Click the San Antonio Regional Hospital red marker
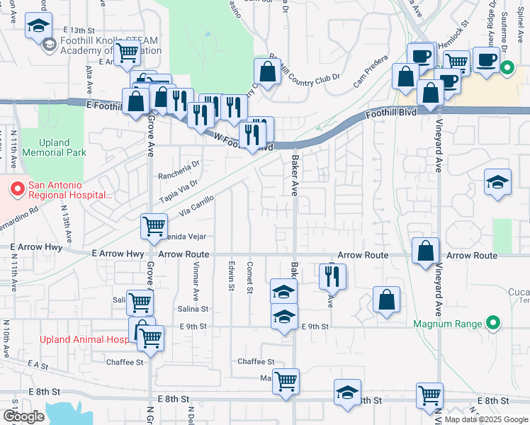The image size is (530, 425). tap(16, 190)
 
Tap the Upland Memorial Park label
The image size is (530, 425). tap(54, 147)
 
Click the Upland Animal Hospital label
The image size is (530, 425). tap(84, 339)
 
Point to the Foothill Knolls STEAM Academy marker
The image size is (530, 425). tap(49, 45)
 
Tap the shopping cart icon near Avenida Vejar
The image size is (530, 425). tap(154, 227)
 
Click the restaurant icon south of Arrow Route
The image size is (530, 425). tap(332, 276)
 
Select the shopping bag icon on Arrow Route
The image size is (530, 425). tap(425, 251)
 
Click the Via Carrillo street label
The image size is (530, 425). tap(196, 207)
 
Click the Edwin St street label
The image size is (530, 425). tap(231, 276)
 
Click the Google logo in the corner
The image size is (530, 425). tap(24, 416)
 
